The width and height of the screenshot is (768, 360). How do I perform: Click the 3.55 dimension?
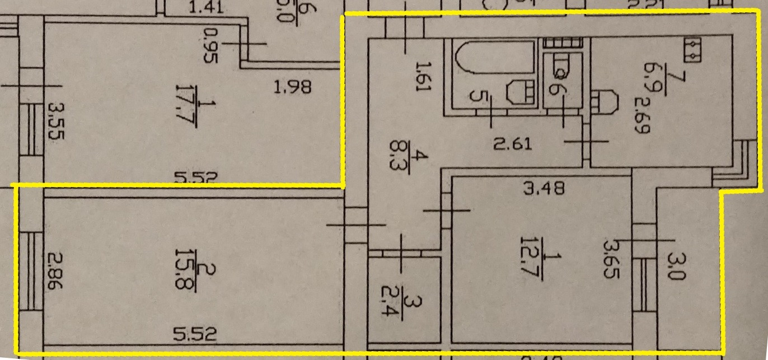[x=54, y=129]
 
